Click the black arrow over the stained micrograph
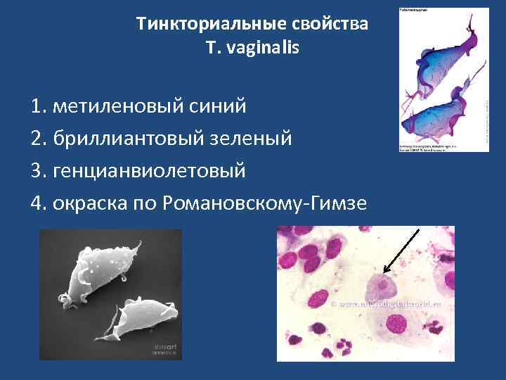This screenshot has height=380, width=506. [401, 250]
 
